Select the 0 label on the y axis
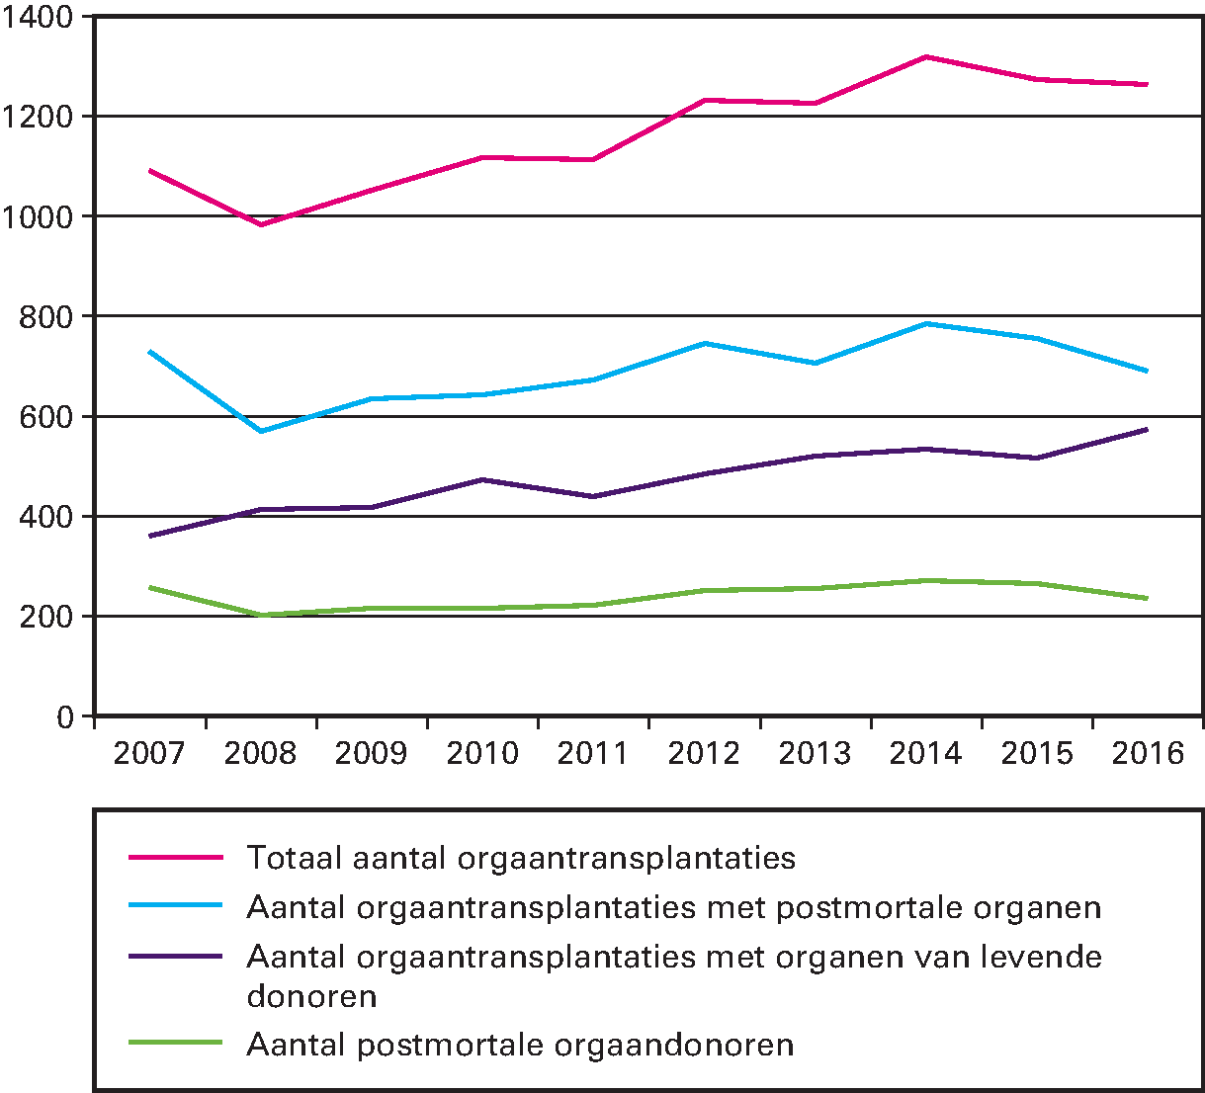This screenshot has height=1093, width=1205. coord(65,716)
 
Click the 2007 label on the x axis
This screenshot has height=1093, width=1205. coord(149,753)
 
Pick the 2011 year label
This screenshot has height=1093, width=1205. coord(593,753)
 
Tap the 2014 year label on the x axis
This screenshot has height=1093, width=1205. coord(925,753)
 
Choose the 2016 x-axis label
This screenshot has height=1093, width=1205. coord(1148,753)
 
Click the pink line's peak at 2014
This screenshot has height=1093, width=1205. coord(926,56)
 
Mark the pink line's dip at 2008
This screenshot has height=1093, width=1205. coord(261,224)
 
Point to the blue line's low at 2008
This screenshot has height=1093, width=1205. coord(261,431)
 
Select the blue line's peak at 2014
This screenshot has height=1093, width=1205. coord(926,323)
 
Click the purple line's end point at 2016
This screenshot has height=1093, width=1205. coord(1148,429)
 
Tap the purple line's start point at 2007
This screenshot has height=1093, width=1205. coord(150,536)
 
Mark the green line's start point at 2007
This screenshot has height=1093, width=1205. coord(150,587)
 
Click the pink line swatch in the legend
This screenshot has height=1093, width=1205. coord(176,857)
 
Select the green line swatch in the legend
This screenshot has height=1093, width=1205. coord(176,1043)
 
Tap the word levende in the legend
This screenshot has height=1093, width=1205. coord(1042,957)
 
